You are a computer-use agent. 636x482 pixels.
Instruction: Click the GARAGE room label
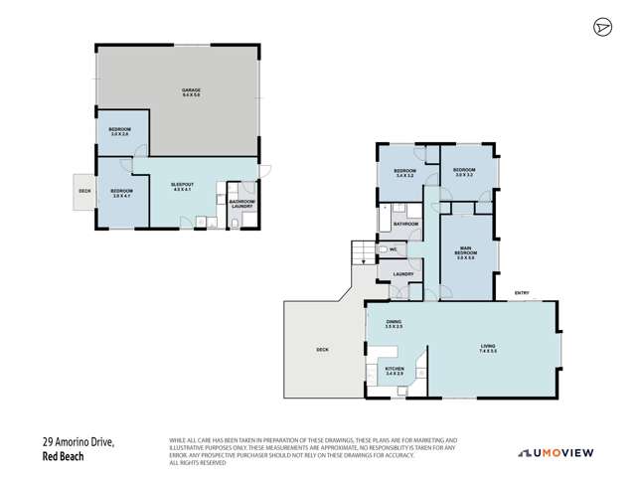[184, 92]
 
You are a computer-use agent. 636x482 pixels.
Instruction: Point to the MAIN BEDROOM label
[466, 250]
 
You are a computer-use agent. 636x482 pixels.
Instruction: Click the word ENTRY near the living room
[521, 292]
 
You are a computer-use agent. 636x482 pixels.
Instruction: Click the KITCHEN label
[395, 371]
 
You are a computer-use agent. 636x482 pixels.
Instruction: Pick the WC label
[394, 249]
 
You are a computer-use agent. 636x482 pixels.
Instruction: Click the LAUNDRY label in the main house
[402, 274]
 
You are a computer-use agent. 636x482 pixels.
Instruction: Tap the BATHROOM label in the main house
[406, 225]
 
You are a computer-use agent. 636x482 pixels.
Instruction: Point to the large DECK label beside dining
[322, 350]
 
